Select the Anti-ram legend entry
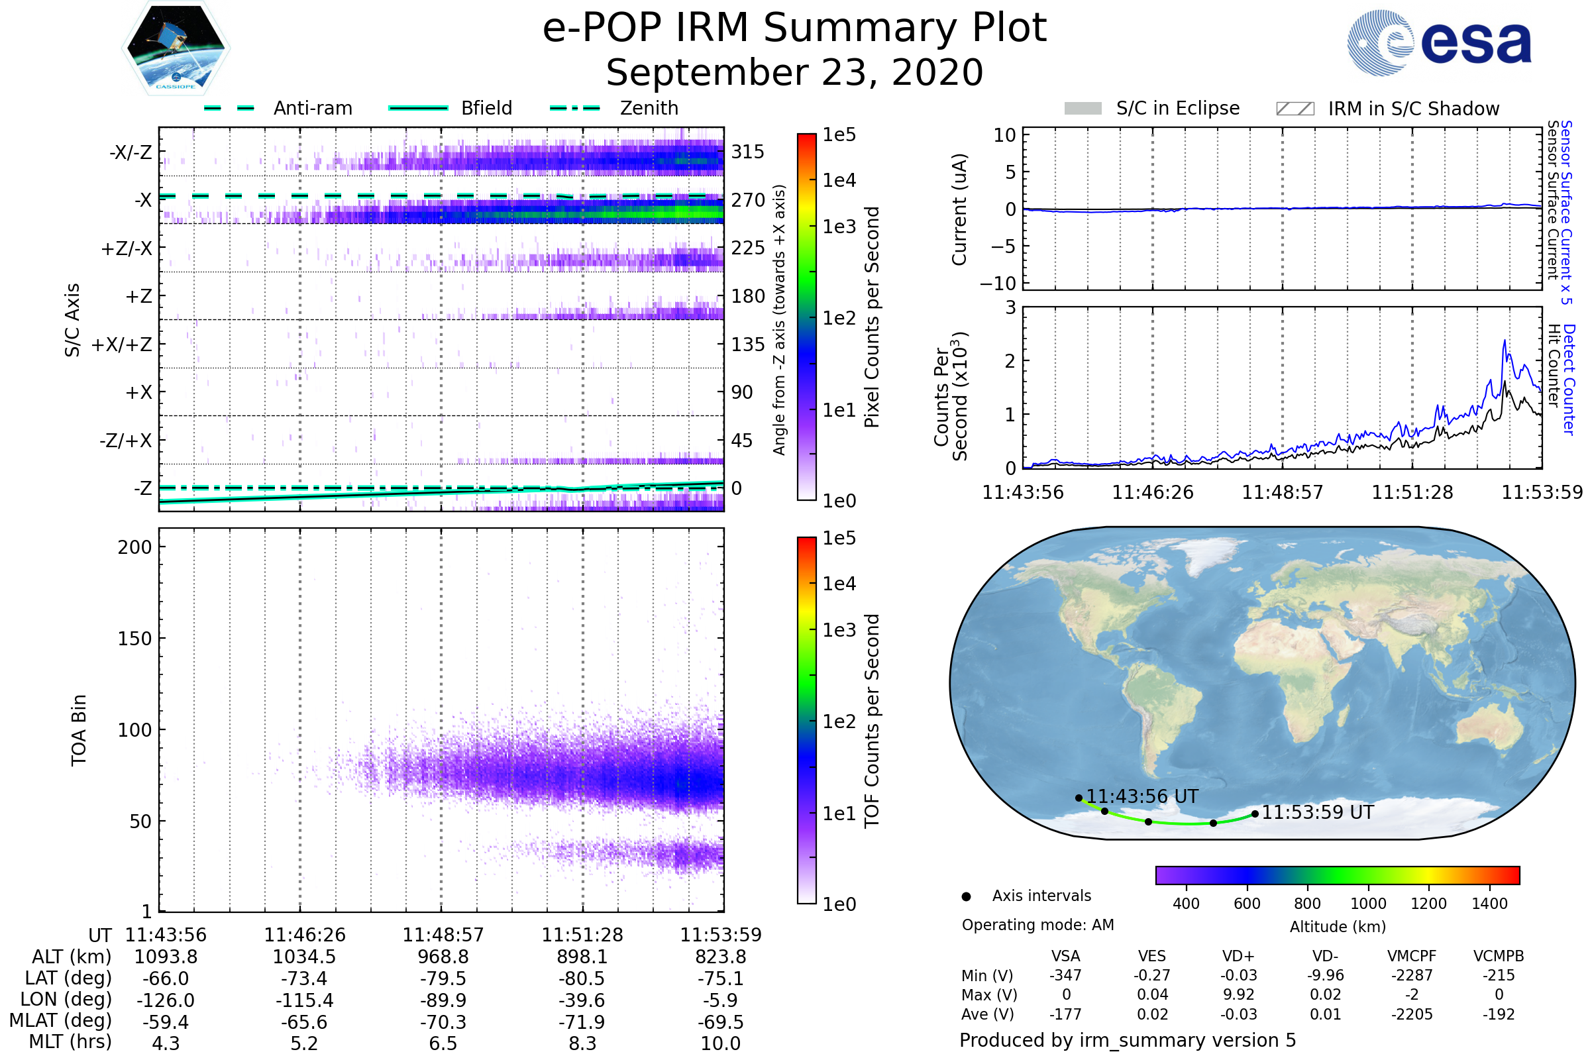click(312, 108)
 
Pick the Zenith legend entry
click(649, 108)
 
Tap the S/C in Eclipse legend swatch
click(1083, 109)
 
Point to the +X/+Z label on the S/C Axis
click(122, 344)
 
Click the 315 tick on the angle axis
click(748, 152)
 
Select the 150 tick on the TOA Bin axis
click(134, 639)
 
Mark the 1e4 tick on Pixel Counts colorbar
click(839, 180)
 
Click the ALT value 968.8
click(443, 957)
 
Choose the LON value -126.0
click(166, 1000)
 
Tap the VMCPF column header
click(1412, 957)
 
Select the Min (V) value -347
click(1065, 975)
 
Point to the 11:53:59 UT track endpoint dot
click(1255, 814)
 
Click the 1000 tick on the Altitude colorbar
click(1368, 904)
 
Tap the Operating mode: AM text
click(1037, 925)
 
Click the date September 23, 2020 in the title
click(794, 73)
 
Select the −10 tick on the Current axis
click(998, 284)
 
